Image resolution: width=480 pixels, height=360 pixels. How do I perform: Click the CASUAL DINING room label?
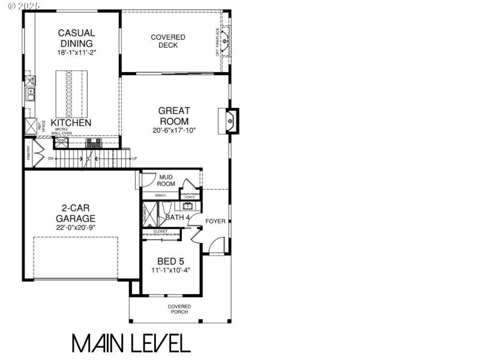coord(76,38)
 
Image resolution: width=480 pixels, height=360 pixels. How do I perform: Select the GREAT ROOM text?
coord(174,116)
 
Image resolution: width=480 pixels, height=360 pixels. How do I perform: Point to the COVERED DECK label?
coord(168,41)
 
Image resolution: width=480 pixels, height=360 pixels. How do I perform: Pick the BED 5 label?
coord(170,261)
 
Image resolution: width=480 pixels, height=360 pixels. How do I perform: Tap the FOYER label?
coord(215,221)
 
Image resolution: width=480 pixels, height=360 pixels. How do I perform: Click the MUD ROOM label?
coord(166,181)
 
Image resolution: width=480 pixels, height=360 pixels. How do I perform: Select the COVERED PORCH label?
coord(179,309)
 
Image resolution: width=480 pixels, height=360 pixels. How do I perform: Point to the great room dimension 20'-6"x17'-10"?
coord(174,130)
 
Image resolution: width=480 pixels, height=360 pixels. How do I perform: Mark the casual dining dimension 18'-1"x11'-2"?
coord(76,53)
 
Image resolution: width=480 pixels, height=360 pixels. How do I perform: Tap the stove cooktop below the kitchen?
coord(94,143)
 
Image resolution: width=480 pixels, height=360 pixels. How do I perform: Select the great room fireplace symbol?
coord(230,120)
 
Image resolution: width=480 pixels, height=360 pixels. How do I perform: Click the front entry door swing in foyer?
coord(218,245)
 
